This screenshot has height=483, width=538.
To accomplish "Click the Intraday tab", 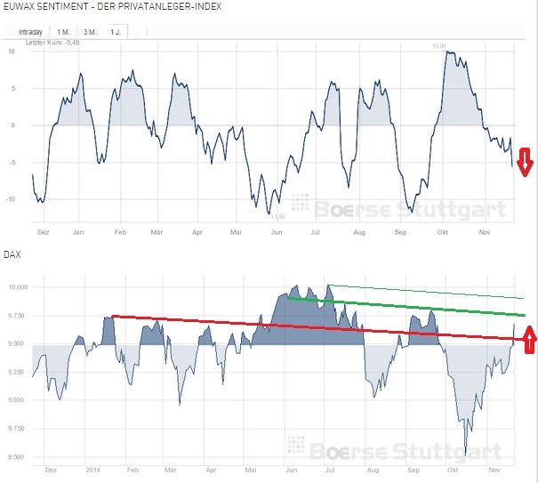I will point(30,32).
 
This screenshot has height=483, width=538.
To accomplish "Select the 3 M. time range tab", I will point(90,32).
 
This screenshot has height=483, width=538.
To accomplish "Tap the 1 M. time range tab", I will point(64,32).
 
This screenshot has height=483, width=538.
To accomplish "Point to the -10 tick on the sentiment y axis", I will point(11,199).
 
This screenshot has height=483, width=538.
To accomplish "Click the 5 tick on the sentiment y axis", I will point(12,88).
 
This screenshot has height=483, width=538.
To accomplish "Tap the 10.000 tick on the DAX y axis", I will point(18,287).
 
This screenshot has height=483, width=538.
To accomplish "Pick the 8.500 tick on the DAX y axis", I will point(18,457).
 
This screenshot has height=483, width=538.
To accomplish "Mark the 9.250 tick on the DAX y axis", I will point(18,372).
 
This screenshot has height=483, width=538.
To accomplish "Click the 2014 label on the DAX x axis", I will point(91,467).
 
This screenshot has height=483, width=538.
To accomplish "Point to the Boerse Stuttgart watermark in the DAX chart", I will point(400,447).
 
